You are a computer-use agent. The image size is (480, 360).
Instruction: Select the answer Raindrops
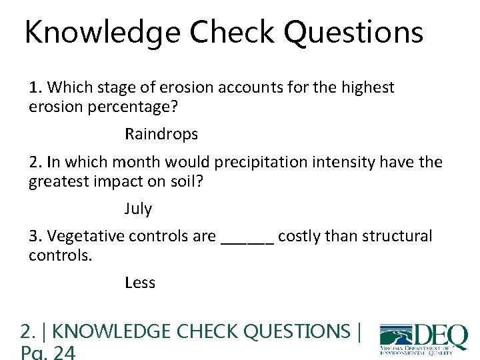click(x=161, y=134)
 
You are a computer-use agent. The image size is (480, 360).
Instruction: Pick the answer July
click(x=138, y=209)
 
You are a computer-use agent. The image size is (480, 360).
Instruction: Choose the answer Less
click(x=140, y=283)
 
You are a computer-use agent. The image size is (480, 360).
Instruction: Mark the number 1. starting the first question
click(x=36, y=87)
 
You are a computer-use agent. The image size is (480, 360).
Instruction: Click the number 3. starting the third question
click(x=36, y=236)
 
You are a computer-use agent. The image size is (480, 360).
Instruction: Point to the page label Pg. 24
click(x=49, y=352)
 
